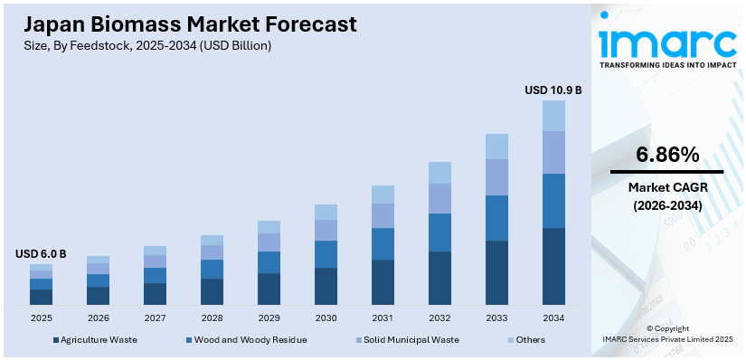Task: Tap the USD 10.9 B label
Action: (x=552, y=90)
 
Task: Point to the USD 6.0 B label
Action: (x=41, y=254)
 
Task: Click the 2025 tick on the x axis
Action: (x=41, y=318)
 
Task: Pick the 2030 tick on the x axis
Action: (x=326, y=318)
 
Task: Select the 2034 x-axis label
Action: (x=553, y=318)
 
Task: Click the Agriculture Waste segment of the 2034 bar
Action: (x=553, y=266)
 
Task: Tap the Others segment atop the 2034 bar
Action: (x=553, y=116)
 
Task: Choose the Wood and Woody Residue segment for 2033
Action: (x=496, y=218)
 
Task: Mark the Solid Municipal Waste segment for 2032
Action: (x=439, y=198)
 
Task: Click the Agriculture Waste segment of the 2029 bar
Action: (x=269, y=289)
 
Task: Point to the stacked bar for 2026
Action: (x=98, y=280)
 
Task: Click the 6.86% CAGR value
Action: (x=667, y=155)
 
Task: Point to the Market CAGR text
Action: (x=667, y=187)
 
